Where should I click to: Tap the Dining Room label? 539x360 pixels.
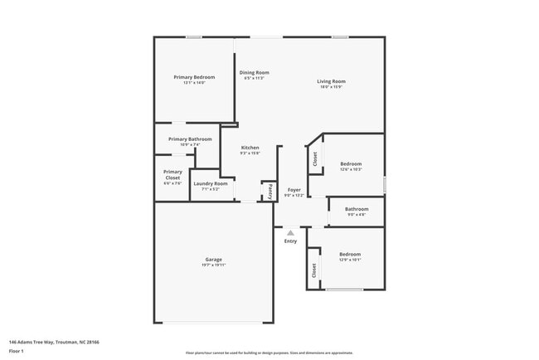click(x=255, y=73)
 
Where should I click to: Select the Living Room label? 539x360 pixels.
click(x=331, y=81)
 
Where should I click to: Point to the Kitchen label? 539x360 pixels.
click(x=250, y=148)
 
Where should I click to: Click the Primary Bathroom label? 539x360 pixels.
click(x=190, y=139)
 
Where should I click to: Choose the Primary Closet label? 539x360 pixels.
click(x=172, y=174)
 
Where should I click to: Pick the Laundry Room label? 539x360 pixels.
click(x=210, y=183)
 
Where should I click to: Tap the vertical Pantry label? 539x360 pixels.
click(x=269, y=192)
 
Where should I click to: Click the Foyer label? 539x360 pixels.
click(x=294, y=190)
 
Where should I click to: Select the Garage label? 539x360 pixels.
click(x=213, y=260)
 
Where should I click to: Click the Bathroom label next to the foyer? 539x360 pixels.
click(x=357, y=209)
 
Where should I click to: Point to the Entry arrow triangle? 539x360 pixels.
click(x=290, y=233)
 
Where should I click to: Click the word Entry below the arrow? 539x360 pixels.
click(x=290, y=241)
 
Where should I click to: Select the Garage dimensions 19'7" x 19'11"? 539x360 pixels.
click(x=213, y=265)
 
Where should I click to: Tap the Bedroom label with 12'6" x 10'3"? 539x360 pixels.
click(x=350, y=164)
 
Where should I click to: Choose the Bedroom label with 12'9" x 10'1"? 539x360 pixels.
click(x=349, y=254)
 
